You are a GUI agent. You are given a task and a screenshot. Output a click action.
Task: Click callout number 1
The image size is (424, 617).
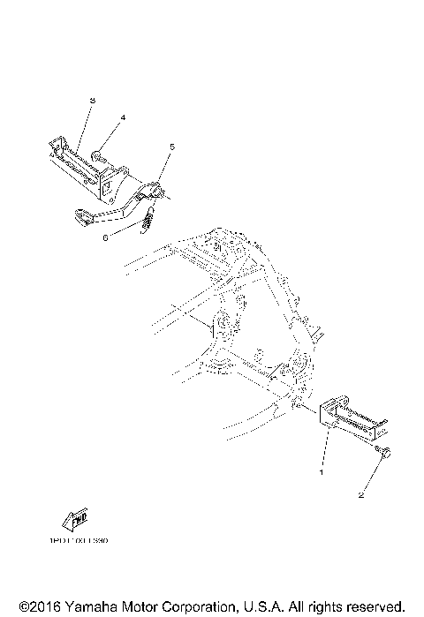click(x=322, y=472)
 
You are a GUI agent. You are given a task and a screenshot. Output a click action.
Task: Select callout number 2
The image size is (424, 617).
click(x=360, y=494)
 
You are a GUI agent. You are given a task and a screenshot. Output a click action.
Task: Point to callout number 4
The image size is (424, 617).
click(x=123, y=117)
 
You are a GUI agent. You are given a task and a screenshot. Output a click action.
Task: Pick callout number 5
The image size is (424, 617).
click(x=172, y=146)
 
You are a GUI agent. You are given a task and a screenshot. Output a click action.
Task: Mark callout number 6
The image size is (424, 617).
click(x=106, y=236)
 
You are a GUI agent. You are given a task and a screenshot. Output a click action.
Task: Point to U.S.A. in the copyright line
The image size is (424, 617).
click(x=257, y=607)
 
